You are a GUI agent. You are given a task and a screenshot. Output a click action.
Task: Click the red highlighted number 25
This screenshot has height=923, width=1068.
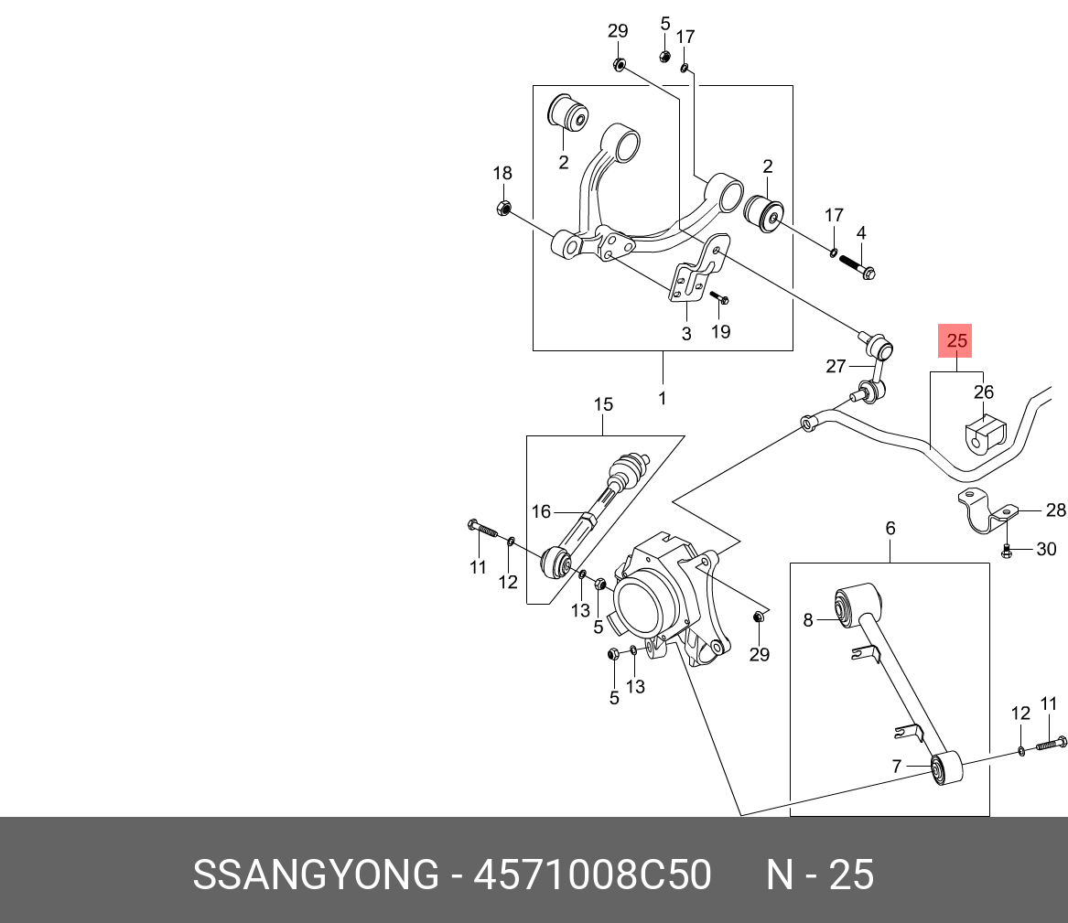[x=956, y=341]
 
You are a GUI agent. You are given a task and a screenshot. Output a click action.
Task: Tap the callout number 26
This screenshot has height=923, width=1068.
[x=983, y=392]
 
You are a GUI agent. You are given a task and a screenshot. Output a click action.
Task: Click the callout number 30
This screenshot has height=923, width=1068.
[x=1046, y=549]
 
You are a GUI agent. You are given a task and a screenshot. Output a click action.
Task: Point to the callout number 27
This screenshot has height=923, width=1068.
[x=836, y=366]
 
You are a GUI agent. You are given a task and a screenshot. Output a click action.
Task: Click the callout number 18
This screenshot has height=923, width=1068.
[x=502, y=173]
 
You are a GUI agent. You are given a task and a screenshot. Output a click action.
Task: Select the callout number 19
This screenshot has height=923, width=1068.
[x=721, y=331]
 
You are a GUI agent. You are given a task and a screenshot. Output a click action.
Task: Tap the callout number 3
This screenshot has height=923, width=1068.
[x=686, y=334]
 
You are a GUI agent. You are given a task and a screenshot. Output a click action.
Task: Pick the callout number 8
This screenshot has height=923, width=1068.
[x=808, y=620]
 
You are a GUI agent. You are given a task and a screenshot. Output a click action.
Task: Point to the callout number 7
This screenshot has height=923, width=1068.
[x=897, y=766]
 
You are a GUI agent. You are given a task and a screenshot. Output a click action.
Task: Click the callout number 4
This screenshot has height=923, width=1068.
[x=860, y=232]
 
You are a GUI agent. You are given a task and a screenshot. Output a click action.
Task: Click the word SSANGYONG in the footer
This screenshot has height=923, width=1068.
[x=316, y=875]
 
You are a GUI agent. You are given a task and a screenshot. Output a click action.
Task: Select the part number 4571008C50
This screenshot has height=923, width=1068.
[x=592, y=875]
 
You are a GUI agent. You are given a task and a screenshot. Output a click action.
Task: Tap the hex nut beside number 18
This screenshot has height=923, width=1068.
[x=502, y=209]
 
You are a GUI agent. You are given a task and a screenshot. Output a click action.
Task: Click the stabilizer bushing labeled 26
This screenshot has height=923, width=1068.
[x=985, y=435]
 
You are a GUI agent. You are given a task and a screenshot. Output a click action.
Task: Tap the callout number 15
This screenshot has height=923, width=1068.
[x=603, y=404]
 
